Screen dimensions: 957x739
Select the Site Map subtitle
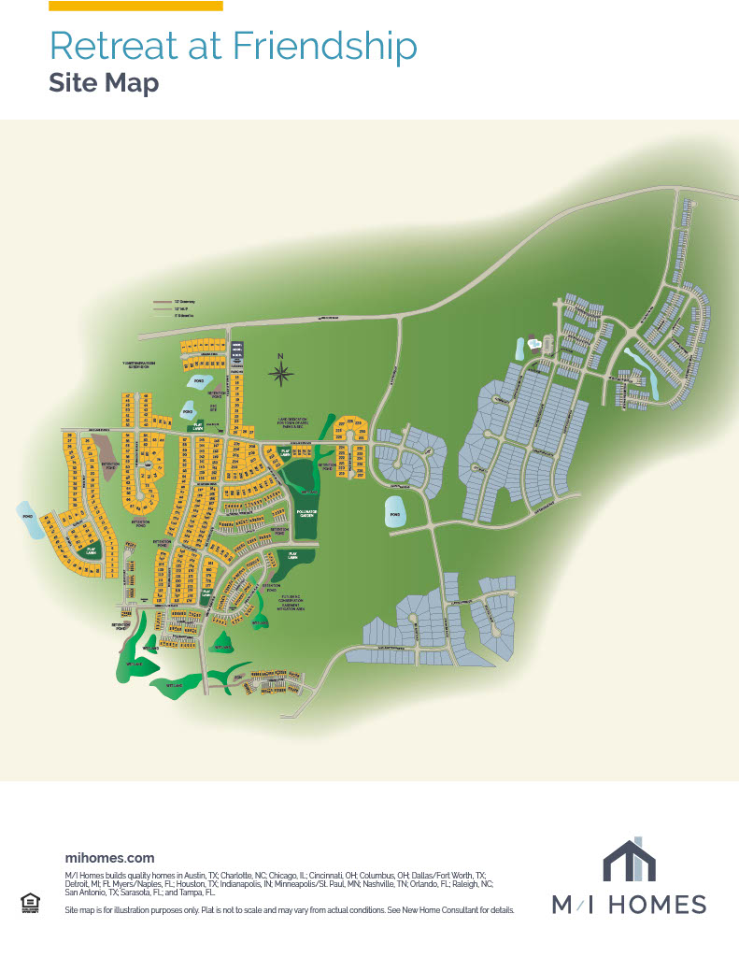coord(104,83)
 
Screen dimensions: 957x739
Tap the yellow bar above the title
coord(135,6)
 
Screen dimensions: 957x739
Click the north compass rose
coord(281,373)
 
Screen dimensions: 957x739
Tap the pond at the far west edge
coord(29,521)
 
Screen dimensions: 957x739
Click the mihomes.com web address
coord(109,857)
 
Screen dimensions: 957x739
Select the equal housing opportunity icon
coord(29,902)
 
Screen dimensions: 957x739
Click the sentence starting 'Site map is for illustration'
coord(289,909)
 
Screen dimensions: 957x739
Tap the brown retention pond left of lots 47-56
coord(107,457)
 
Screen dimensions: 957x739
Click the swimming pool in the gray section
coord(533,343)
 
